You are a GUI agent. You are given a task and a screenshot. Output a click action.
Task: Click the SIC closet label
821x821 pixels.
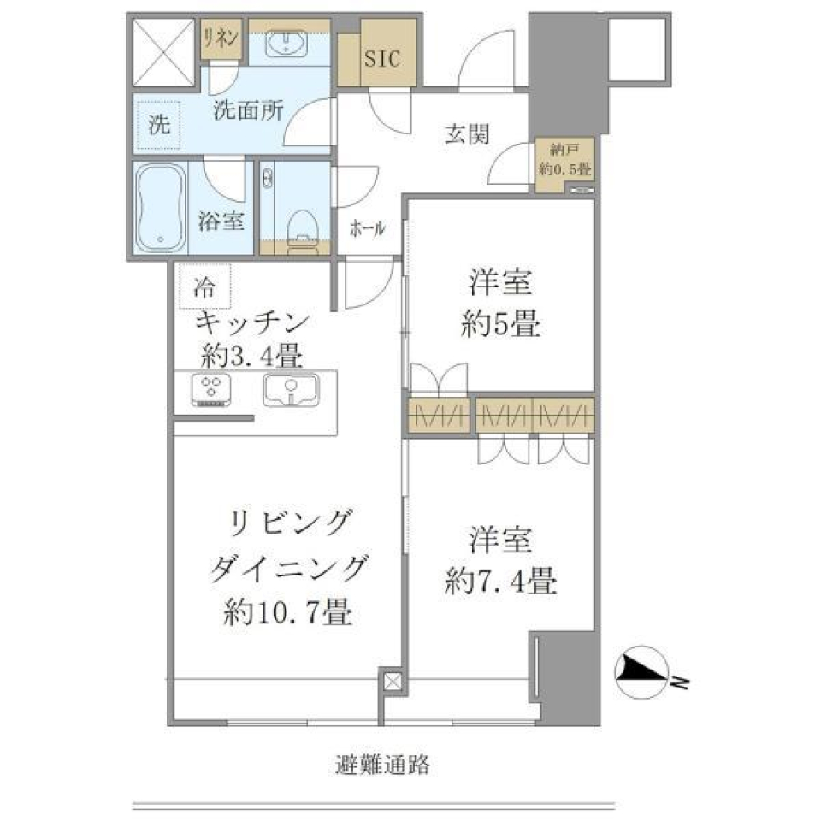(x=381, y=60)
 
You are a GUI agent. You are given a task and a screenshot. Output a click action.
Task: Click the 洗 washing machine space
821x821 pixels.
(x=159, y=127)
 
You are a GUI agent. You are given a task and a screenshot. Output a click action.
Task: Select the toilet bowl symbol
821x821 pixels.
(x=301, y=227)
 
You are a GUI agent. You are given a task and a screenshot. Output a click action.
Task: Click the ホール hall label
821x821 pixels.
(x=367, y=229)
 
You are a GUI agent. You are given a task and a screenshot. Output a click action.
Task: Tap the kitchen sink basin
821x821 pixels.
(x=291, y=389)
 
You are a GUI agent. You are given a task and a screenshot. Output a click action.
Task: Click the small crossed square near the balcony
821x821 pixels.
(x=392, y=682)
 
